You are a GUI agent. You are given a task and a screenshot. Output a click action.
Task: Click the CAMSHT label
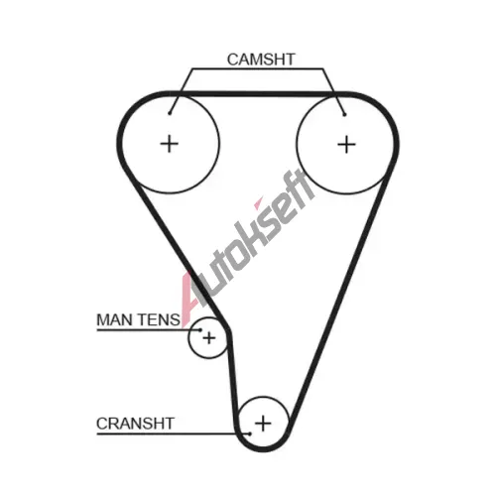click(x=261, y=60)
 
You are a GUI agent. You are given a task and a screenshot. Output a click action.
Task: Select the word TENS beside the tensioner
click(x=159, y=319)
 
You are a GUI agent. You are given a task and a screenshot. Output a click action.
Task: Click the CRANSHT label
click(x=135, y=424)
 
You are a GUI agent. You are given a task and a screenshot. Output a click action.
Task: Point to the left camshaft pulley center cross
click(x=170, y=144)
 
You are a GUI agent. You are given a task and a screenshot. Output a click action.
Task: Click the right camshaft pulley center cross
click(x=346, y=145)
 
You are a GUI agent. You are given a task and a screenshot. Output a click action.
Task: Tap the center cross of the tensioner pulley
click(x=209, y=338)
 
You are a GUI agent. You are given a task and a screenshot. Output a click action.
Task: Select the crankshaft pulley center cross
click(x=263, y=424)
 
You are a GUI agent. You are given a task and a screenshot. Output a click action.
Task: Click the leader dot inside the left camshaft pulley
click(x=170, y=113)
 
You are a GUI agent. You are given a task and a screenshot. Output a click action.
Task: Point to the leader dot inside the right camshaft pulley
click(x=344, y=115)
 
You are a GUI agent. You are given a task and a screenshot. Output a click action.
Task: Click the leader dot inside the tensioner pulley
click(x=200, y=329)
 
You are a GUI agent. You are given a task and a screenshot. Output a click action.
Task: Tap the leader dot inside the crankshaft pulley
click(x=250, y=434)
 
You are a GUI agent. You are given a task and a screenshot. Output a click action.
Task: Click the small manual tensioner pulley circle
click(x=188, y=338)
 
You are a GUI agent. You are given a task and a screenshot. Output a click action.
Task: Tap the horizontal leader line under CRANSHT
click(x=174, y=434)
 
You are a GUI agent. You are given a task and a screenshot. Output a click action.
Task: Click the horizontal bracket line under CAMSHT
click(x=258, y=68)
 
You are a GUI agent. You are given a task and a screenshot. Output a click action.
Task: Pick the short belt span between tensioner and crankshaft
click(x=233, y=380)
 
